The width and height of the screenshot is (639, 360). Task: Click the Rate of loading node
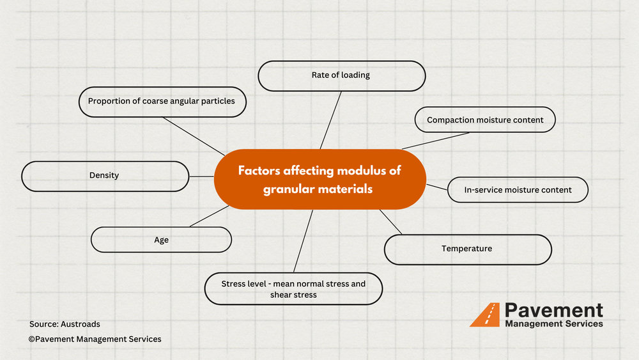[341, 75]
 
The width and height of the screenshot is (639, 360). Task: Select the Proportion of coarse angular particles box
[162, 102]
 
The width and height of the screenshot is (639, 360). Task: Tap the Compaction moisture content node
[485, 120]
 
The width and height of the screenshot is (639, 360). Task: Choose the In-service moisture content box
[518, 190]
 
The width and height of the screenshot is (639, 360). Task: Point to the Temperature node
[467, 249]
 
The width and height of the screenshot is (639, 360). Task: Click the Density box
[105, 176]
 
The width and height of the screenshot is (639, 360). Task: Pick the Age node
[161, 240]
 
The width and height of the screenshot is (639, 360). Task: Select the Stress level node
[293, 288]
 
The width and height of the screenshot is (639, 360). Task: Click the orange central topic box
[319, 179]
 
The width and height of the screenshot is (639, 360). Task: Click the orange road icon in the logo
[485, 315]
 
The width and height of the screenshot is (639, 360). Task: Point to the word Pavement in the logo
[553, 310]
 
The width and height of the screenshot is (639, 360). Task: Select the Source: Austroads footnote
[65, 324]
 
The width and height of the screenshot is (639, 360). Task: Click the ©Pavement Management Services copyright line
[95, 339]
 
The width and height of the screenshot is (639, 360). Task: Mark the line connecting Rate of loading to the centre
[330, 120]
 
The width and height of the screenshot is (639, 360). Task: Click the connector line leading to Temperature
[391, 221]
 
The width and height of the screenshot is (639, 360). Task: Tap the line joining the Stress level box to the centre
[304, 241]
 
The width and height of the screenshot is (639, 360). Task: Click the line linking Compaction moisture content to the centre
[436, 141]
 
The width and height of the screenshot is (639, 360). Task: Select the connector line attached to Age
[209, 216]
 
